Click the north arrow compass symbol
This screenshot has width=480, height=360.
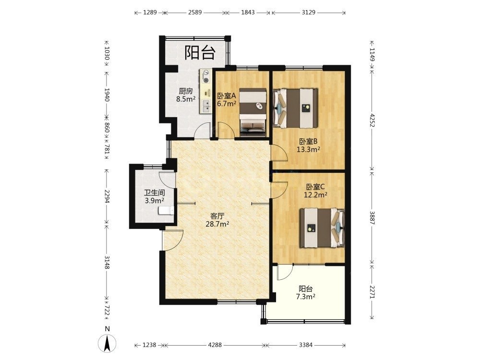(107, 343)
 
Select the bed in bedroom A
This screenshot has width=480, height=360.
(252, 112)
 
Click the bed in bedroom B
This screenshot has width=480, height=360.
(295, 108)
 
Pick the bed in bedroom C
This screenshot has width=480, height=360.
(322, 228)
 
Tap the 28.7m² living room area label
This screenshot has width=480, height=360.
(217, 224)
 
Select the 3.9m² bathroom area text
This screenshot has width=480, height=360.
(154, 201)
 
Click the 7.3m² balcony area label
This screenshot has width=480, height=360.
(305, 297)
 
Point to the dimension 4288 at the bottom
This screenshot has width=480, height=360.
(215, 345)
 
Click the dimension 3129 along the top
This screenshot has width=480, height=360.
(308, 12)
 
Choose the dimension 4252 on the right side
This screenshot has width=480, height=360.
(372, 120)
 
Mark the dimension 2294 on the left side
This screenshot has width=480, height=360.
(107, 196)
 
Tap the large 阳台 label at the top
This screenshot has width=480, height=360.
(200, 52)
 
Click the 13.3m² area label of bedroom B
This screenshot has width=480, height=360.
(308, 149)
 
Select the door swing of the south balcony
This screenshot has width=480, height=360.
(285, 273)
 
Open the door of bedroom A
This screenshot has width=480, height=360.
(226, 131)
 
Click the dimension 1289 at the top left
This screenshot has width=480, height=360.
(150, 12)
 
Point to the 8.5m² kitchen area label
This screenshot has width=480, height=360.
(186, 99)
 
